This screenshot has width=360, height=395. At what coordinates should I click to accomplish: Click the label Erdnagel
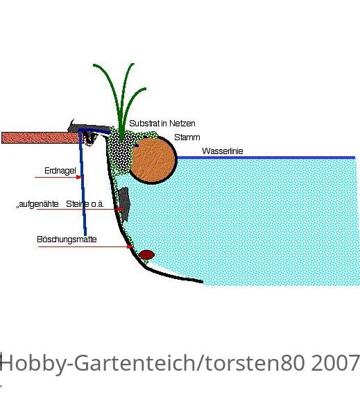(60, 171)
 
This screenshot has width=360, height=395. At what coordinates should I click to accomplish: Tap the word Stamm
(187, 137)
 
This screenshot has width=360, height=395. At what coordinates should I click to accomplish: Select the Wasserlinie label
(222, 151)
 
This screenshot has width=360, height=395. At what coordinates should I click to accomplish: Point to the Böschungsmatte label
(67, 239)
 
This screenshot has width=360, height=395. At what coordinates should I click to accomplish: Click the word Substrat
(144, 124)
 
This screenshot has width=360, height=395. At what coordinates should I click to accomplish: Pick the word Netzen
(182, 124)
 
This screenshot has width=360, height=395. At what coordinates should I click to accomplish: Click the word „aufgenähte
(37, 204)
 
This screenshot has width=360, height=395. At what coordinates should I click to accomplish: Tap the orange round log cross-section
(153, 160)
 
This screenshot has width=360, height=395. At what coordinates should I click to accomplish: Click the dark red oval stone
(146, 255)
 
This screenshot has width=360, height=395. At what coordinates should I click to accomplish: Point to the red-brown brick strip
(40, 137)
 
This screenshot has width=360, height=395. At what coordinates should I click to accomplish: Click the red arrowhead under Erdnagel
(79, 177)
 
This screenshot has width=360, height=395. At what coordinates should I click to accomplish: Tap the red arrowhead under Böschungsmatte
(130, 246)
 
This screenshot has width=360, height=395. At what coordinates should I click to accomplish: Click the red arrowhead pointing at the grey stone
(119, 209)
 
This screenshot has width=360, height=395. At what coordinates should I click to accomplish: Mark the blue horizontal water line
(266, 158)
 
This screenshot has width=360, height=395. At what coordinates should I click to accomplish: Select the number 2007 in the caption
(335, 363)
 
